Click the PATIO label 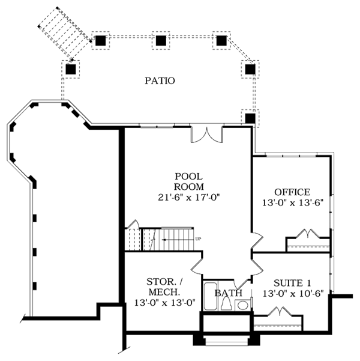(160, 81)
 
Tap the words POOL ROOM (188, 181)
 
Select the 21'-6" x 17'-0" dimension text (189, 197)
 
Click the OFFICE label (292, 192)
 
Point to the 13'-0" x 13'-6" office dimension (293, 203)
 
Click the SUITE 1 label (292, 283)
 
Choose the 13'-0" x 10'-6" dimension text (293, 294)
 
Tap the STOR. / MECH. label (164, 287)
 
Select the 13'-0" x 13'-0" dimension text (165, 303)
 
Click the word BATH (228, 293)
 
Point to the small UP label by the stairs (198, 239)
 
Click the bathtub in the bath (210, 296)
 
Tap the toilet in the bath (226, 303)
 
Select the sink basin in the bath (242, 306)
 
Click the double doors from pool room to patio (207, 135)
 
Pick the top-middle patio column (161, 40)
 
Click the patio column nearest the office (250, 118)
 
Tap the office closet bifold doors (308, 233)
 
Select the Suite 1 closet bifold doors (280, 311)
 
